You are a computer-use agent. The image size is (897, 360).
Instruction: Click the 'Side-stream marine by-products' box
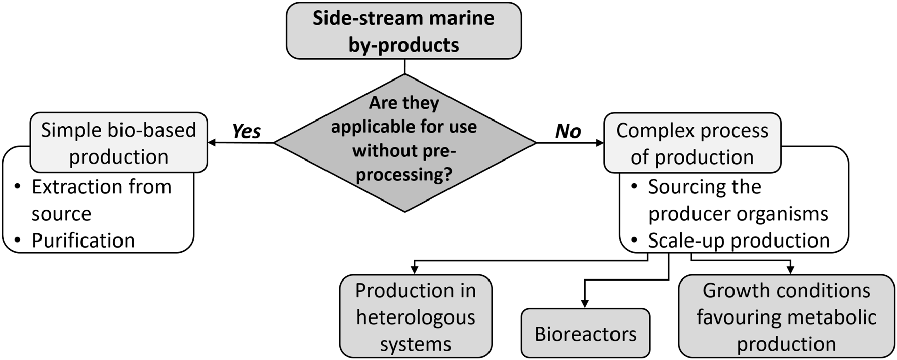tap(403, 31)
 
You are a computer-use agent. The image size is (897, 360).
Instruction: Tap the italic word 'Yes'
tap(246, 132)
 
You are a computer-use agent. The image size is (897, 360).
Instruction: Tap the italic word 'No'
tap(567, 132)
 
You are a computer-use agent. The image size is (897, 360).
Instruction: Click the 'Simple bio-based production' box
tap(118, 143)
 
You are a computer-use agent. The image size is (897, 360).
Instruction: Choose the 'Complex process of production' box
tap(692, 143)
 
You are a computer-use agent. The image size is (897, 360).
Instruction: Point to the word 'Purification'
tap(83, 241)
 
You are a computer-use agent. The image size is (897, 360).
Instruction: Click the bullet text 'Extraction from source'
tap(101, 200)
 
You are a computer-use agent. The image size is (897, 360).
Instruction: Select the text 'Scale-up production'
tap(739, 241)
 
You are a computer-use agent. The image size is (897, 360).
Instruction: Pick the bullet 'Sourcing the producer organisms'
tap(738, 200)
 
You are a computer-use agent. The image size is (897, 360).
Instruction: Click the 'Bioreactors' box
tap(585, 334)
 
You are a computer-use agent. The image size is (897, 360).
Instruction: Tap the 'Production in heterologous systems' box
tap(415, 317)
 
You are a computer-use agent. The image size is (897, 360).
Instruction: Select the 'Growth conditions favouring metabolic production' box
tap(786, 317)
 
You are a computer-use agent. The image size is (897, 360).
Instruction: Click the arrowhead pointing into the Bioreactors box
tap(585, 304)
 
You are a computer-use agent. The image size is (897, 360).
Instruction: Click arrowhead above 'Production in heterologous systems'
tap(415, 270)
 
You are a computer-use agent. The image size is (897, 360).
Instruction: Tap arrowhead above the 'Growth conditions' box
tap(790, 270)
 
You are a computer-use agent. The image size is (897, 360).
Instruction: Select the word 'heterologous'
tap(415, 317)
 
